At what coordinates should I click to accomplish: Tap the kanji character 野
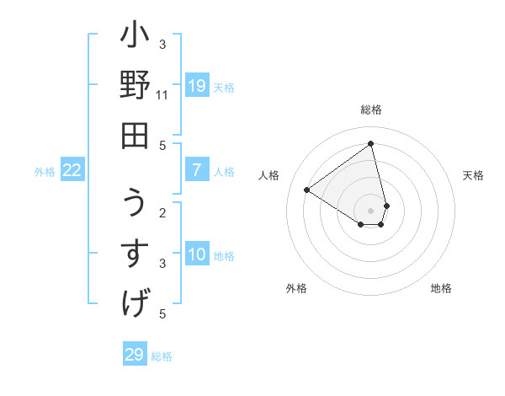click(x=136, y=88)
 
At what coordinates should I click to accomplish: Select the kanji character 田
click(x=136, y=135)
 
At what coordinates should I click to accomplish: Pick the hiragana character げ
click(x=136, y=301)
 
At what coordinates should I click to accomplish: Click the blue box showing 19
click(x=197, y=86)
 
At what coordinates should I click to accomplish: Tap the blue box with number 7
click(x=197, y=170)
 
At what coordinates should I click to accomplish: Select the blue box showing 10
click(x=197, y=254)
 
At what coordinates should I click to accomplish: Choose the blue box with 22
click(x=72, y=170)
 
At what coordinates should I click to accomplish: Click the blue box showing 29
click(x=135, y=355)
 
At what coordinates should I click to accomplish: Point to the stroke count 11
click(x=162, y=94)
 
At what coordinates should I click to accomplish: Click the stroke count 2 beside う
click(x=162, y=212)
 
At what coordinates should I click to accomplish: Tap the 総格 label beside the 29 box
click(x=162, y=356)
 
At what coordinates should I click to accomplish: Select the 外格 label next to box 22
click(x=45, y=172)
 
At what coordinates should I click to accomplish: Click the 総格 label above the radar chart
click(x=371, y=110)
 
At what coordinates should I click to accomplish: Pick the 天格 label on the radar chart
click(x=474, y=175)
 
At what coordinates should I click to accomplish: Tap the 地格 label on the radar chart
click(x=441, y=288)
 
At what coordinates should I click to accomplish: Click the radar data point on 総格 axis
click(x=371, y=143)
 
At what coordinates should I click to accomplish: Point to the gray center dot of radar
click(x=371, y=210)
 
